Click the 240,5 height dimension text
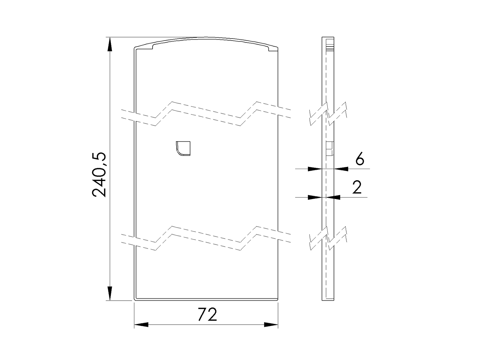click(x=99, y=175)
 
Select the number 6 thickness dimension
click(x=360, y=159)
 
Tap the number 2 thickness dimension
click(x=357, y=188)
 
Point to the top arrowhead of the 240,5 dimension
click(x=109, y=44)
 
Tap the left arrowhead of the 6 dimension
click(x=315, y=169)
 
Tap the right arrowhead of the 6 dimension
click(x=341, y=169)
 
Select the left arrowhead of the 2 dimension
click(x=315, y=197)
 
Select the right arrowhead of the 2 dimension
click(x=333, y=197)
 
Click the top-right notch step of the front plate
click(x=269, y=49)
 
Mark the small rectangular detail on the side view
click(x=329, y=148)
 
